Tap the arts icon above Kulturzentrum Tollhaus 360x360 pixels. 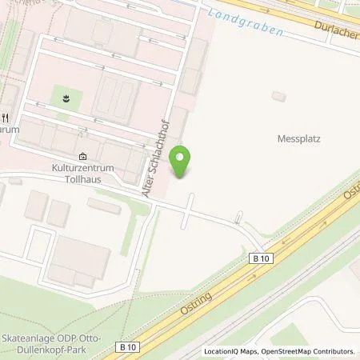82,157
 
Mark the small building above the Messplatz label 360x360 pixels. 278,96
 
